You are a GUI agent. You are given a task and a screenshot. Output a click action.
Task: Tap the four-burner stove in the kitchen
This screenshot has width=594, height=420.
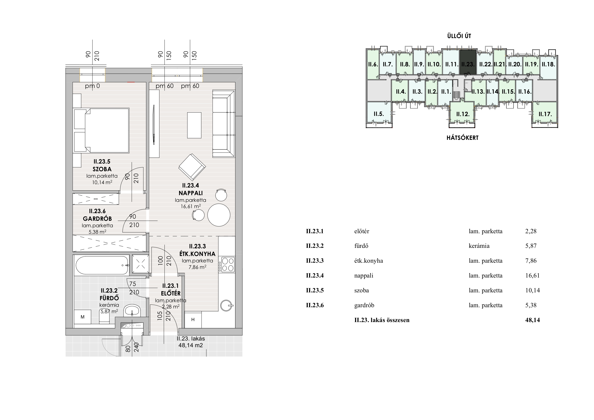[227, 264]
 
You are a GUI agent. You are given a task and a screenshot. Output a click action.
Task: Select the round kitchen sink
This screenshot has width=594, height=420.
[226, 306]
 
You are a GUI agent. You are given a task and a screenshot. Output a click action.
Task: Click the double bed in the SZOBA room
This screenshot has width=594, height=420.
[102, 131]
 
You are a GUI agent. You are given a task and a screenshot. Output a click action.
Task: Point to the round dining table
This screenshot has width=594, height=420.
[219, 215]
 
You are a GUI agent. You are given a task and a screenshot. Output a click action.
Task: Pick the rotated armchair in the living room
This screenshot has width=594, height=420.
[192, 167]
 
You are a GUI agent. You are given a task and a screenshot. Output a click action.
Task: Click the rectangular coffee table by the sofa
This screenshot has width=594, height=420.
[194, 125]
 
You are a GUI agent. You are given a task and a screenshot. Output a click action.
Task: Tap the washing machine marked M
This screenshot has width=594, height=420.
[83, 317]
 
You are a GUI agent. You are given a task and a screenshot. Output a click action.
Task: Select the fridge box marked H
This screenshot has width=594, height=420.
[193, 320]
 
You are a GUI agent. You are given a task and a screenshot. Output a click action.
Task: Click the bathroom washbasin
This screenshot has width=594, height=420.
[132, 311]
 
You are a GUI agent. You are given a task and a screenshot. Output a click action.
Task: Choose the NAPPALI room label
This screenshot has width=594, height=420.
[191, 193]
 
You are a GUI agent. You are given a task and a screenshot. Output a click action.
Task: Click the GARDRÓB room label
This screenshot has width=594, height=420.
[97, 219]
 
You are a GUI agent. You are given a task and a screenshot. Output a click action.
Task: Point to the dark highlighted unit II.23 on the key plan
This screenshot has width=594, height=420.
[468, 62]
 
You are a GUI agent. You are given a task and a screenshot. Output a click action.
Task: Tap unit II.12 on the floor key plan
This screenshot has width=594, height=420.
[463, 114]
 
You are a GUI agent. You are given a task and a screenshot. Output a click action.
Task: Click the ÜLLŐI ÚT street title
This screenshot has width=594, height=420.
[459, 36]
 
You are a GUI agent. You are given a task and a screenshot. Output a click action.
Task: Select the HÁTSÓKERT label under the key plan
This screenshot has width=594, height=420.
[463, 138]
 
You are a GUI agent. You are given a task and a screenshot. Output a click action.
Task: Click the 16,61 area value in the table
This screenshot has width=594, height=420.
[532, 276]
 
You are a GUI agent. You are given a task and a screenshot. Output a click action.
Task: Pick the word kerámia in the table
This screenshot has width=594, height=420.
[479, 246]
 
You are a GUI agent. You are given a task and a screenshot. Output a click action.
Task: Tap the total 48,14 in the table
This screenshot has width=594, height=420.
[532, 320]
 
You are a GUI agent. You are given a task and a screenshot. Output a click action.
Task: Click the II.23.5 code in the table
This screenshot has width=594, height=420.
[315, 290]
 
